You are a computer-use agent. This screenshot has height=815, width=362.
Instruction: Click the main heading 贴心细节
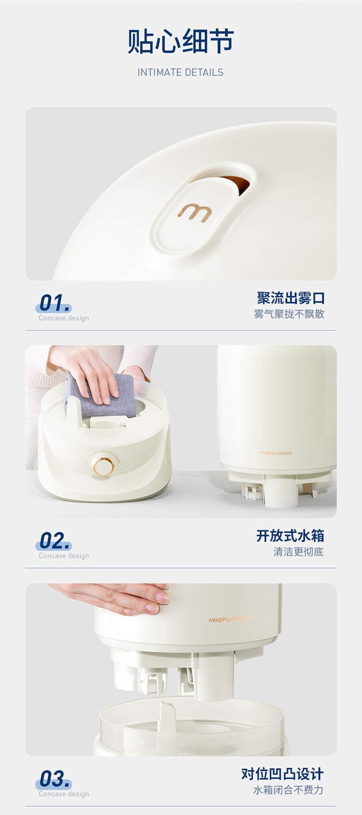click(x=181, y=41)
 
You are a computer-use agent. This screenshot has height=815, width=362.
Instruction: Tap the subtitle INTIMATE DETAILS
click(x=180, y=73)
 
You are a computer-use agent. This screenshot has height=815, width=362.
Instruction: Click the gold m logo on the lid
click(x=195, y=213)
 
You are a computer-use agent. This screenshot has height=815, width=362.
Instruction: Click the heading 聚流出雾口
click(x=291, y=298)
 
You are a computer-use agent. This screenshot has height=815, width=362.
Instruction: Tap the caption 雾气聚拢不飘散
click(x=289, y=314)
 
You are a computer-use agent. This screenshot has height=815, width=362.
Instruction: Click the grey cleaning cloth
click(x=99, y=395)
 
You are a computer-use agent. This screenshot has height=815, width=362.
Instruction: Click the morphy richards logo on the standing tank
click(x=276, y=453)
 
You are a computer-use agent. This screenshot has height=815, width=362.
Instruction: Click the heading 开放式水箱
click(x=290, y=536)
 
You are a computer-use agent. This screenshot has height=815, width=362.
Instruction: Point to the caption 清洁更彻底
click(x=298, y=552)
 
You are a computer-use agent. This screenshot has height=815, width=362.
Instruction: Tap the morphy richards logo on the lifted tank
click(x=230, y=619)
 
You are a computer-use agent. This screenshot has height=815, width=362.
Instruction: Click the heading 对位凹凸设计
click(x=282, y=774)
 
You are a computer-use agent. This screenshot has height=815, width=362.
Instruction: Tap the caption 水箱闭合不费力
click(x=288, y=790)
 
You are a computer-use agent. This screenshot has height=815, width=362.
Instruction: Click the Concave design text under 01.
click(x=64, y=318)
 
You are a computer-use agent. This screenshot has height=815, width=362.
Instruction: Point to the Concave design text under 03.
click(x=64, y=794)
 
